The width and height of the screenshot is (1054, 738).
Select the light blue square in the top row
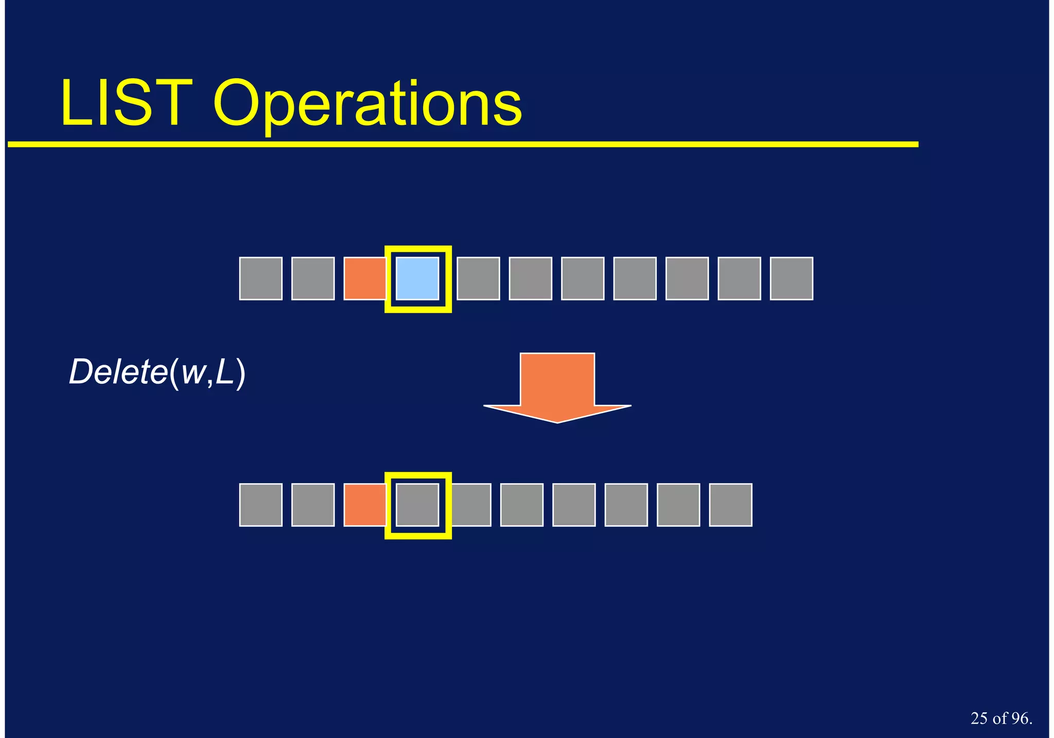pos(417,279)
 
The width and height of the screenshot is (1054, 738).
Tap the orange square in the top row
pos(364,279)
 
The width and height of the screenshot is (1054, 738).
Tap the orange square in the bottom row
pos(364,505)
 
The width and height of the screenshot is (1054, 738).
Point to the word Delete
pos(118,372)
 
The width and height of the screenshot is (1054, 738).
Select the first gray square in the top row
pos(261,279)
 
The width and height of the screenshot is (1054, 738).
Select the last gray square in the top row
pos(791,279)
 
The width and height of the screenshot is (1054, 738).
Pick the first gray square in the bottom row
pos(261,505)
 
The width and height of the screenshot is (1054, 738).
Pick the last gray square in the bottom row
pos(730,505)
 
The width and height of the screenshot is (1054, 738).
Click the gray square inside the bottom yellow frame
pos(417,505)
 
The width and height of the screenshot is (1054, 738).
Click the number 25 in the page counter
pos(979,718)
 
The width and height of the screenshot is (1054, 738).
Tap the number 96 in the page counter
pos(1018,718)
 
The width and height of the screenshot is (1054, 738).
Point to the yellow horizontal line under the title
pos(463,145)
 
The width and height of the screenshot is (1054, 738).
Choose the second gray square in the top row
pos(313,279)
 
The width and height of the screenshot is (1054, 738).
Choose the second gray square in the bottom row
pos(313,505)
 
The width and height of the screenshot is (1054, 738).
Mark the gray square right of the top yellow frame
pos(478,279)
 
